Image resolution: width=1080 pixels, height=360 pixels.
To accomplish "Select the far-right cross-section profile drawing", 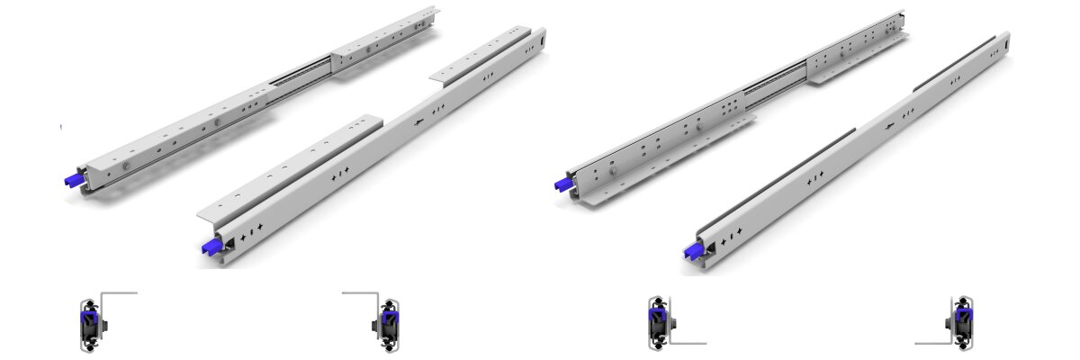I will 961,323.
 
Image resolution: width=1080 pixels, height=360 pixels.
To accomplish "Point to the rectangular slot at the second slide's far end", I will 543,39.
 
